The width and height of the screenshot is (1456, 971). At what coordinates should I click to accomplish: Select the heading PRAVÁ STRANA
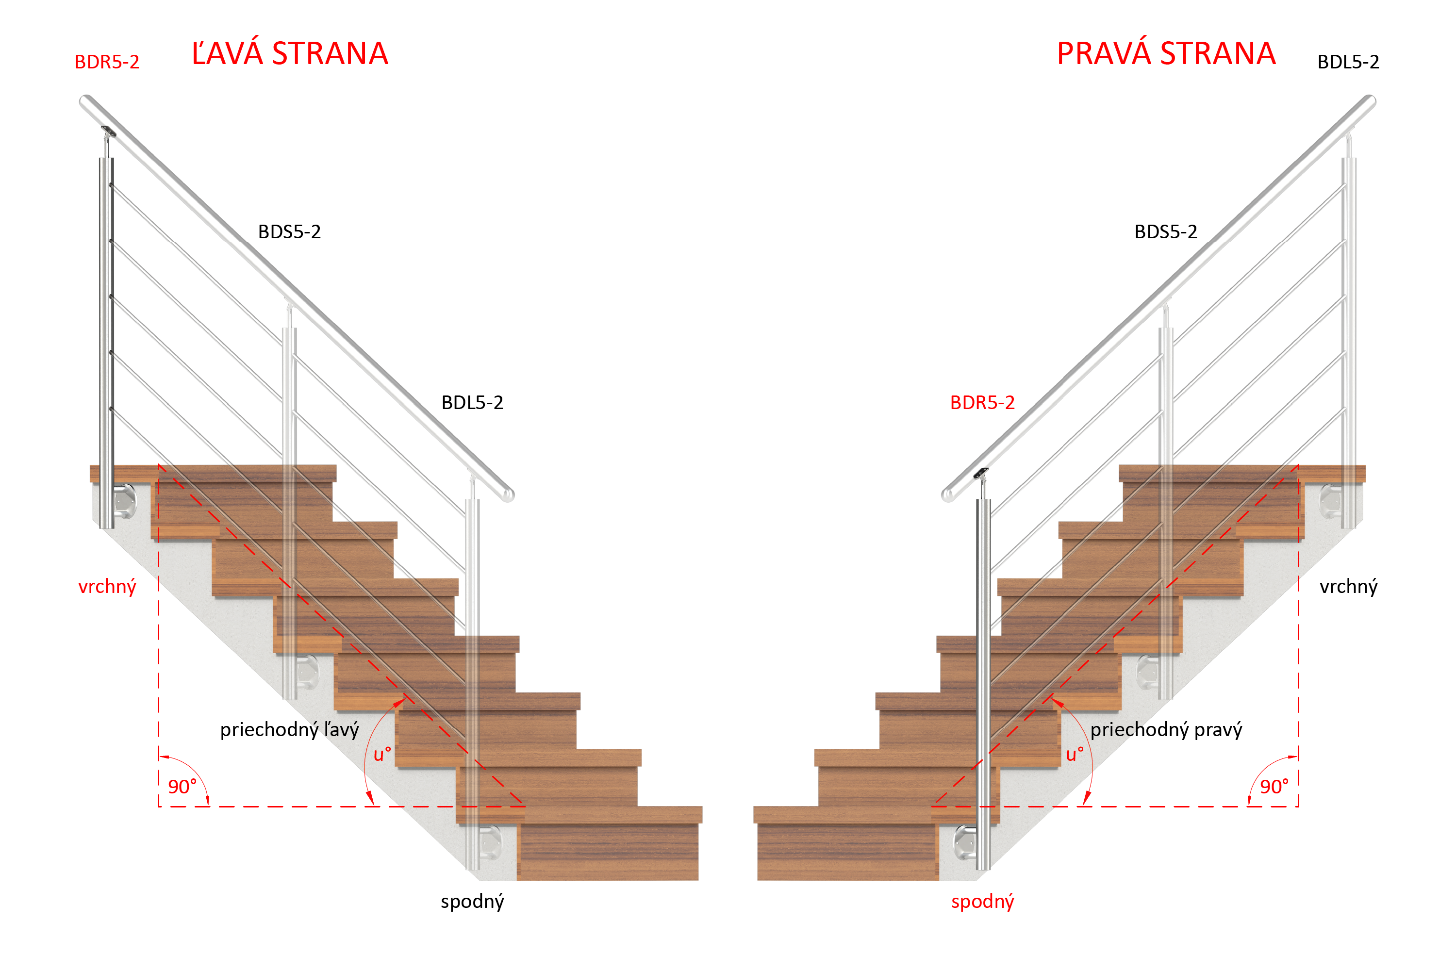click(1166, 53)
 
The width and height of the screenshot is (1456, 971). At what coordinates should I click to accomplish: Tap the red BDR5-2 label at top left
click(107, 62)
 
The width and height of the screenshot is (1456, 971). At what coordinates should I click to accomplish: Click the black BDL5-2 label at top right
click(1348, 62)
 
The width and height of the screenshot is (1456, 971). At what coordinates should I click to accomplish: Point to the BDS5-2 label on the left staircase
click(289, 231)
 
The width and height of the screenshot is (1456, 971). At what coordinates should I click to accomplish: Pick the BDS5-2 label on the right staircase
click(1166, 231)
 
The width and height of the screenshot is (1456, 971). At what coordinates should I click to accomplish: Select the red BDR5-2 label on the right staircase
click(982, 402)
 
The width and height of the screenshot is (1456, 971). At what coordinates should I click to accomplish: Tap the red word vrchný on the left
click(107, 587)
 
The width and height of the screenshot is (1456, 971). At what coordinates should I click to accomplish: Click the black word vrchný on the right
click(1348, 587)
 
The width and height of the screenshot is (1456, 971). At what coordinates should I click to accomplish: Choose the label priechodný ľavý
click(289, 729)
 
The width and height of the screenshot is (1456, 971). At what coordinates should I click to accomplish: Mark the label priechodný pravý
click(1166, 729)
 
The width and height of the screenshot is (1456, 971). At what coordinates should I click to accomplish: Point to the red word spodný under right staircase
click(982, 902)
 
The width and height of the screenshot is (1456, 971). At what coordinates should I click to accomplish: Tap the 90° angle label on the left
click(182, 787)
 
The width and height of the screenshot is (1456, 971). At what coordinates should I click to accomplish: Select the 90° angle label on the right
click(1274, 787)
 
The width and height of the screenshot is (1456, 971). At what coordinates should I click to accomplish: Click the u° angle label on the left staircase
click(382, 754)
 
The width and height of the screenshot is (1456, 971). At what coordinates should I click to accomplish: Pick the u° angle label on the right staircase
click(1075, 754)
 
